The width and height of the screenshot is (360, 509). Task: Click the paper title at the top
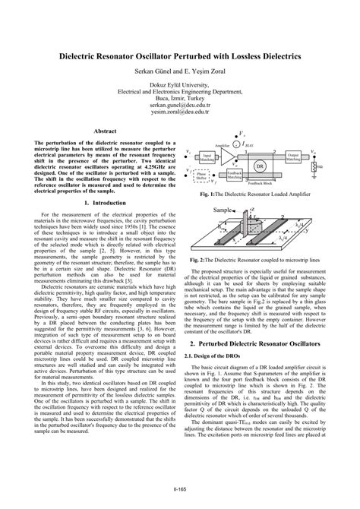[x=180, y=56]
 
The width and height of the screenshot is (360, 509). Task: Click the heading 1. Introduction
[x=104, y=204]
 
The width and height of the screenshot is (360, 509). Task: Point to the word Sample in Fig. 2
[x=223, y=208]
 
